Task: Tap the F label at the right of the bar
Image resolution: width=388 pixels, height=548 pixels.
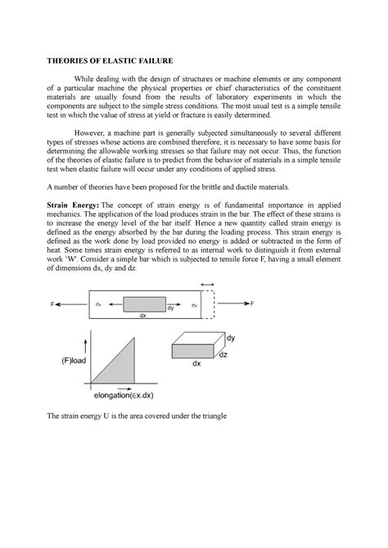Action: [252, 303]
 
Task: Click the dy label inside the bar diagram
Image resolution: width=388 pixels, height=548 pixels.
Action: [170, 308]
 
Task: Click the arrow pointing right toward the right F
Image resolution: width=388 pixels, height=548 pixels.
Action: [233, 303]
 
